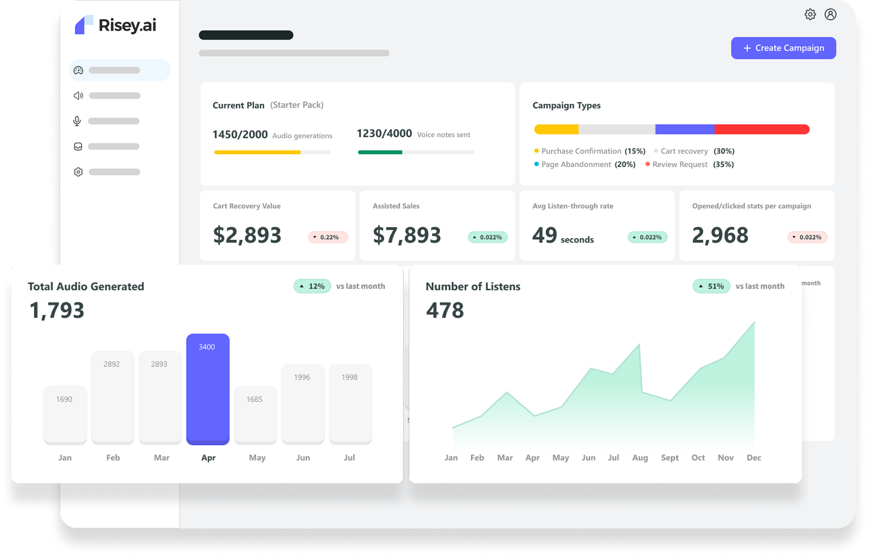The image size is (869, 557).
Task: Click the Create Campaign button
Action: point(783,48)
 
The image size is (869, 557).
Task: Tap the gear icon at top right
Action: point(810,15)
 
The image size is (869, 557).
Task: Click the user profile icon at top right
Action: point(831,15)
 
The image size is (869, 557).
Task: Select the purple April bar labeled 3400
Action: point(208,389)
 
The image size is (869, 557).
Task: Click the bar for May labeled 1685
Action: point(255,414)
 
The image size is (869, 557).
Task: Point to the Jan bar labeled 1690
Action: point(64,414)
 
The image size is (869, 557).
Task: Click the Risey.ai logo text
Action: point(127,26)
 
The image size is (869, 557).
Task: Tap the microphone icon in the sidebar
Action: point(77,121)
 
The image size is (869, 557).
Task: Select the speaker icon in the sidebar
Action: point(78,95)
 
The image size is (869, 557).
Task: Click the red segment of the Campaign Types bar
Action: point(761,129)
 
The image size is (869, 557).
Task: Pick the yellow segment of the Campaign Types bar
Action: point(556,129)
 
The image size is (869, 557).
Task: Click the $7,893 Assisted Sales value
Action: point(406,235)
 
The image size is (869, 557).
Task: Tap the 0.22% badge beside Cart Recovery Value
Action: point(328,237)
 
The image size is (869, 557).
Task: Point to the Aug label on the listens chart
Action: point(640,458)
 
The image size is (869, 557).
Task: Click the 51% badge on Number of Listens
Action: point(711,286)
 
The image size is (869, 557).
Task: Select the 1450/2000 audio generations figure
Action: point(240,135)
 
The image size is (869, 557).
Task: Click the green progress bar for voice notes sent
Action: point(380,153)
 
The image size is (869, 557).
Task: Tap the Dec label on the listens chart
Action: point(753,458)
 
